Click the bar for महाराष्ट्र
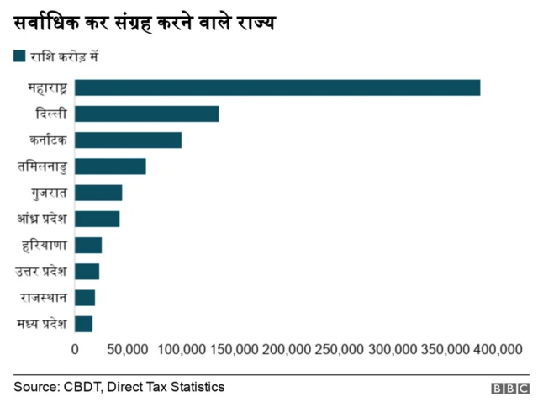(x=277, y=87)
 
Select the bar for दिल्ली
(x=146, y=114)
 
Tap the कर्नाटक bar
(x=128, y=140)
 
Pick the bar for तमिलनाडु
(x=110, y=166)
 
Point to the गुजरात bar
(x=98, y=193)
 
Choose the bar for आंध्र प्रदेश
(x=97, y=219)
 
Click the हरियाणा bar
(x=88, y=245)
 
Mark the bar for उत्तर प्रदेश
(x=87, y=271)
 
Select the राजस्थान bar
(x=85, y=298)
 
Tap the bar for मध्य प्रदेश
(x=83, y=324)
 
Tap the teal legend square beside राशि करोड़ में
(x=19, y=56)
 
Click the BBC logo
(x=510, y=389)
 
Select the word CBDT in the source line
(x=81, y=387)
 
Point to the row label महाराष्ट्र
(x=47, y=87)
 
